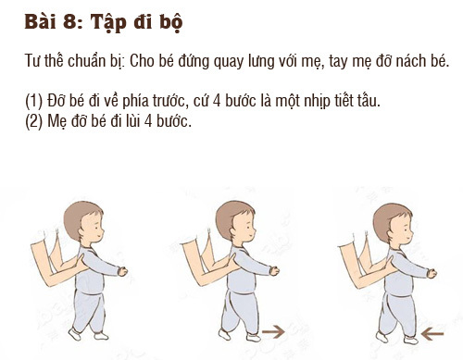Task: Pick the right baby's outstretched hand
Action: (432, 274)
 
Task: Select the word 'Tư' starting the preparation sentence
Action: (33, 62)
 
